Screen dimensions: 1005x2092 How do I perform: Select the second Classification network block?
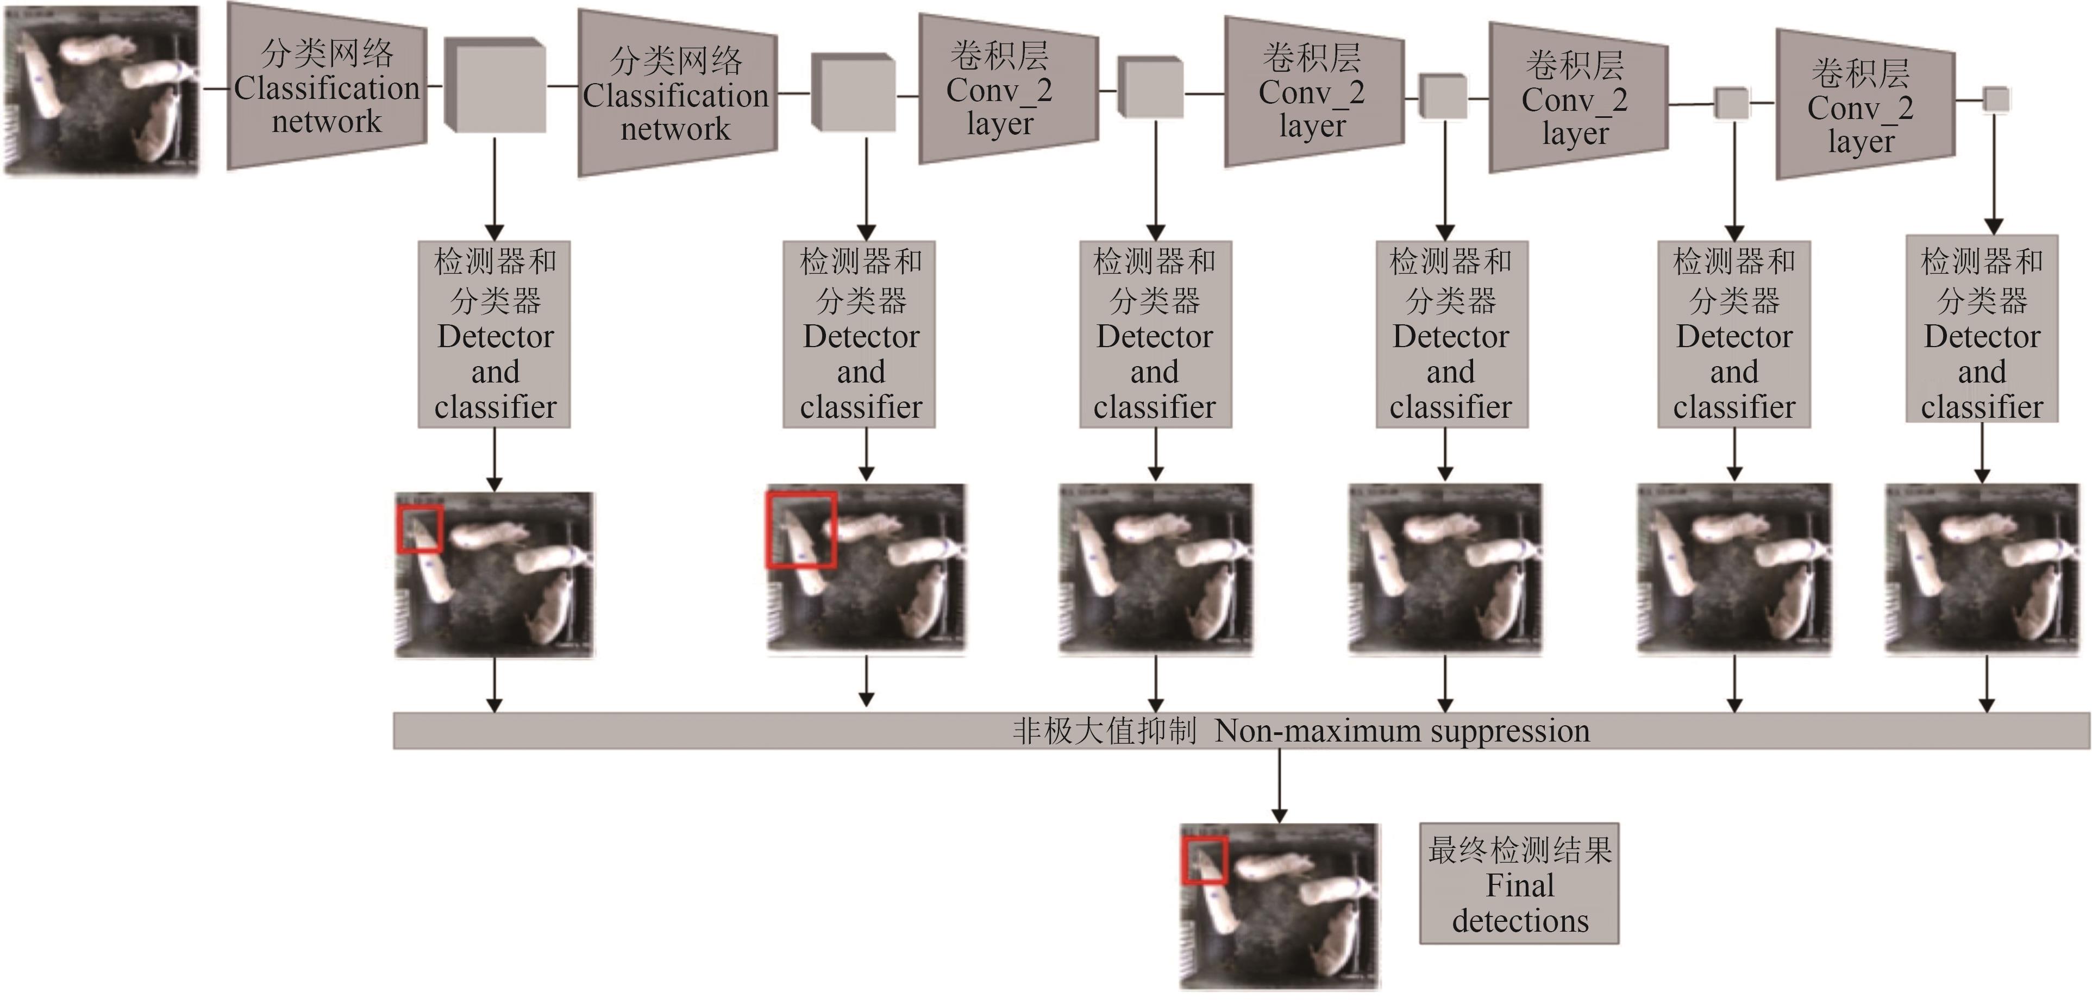(677, 94)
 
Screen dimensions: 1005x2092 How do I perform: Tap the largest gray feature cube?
(496, 85)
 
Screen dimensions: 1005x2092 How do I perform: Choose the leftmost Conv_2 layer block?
(1007, 89)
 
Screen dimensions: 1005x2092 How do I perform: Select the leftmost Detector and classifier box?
(494, 334)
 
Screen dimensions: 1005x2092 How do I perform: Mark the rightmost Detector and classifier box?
(1982, 329)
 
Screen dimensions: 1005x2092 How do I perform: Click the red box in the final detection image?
(1204, 860)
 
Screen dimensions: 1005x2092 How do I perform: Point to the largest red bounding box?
(801, 529)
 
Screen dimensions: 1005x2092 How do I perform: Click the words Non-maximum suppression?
(1402, 731)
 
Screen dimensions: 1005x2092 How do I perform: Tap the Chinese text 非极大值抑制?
(1105, 731)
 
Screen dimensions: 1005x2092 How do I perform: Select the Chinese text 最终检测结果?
(1519, 850)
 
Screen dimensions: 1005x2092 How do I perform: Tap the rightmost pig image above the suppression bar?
(1982, 568)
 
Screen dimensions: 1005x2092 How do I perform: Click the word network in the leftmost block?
(327, 122)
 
